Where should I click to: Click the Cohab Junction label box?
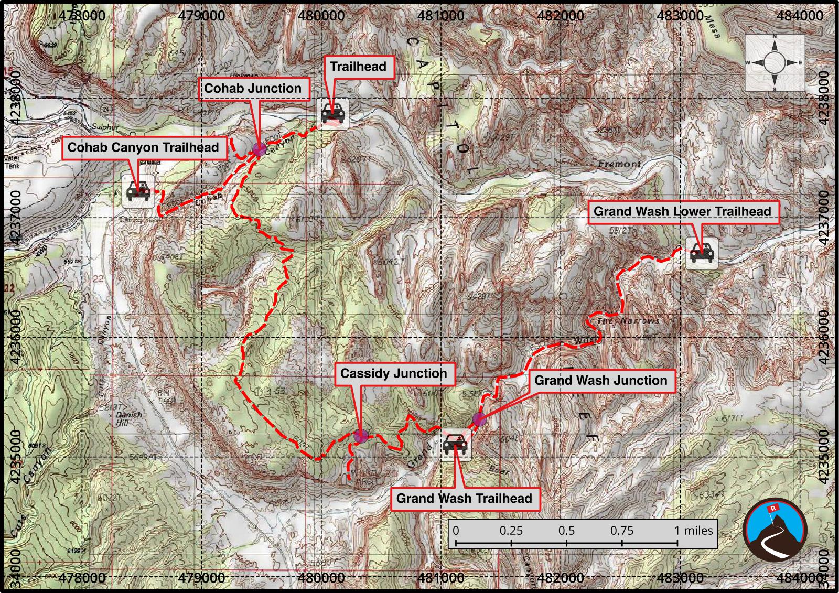(x=253, y=89)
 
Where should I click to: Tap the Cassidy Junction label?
(x=393, y=374)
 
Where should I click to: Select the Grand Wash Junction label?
(x=600, y=381)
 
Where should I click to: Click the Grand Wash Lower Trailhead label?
(x=682, y=212)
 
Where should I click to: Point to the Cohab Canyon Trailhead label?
(x=143, y=148)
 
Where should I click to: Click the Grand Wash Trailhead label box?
(x=464, y=499)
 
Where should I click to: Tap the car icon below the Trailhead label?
(x=334, y=113)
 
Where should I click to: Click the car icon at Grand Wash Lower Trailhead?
(x=702, y=254)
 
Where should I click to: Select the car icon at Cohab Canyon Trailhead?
(x=138, y=192)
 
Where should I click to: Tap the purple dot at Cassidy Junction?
(x=360, y=436)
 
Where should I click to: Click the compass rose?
(x=775, y=63)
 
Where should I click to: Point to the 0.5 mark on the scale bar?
(x=566, y=531)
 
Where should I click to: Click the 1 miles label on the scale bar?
(x=693, y=531)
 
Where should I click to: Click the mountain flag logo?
(x=775, y=531)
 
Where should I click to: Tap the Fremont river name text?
(x=619, y=164)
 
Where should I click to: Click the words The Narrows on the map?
(x=628, y=321)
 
